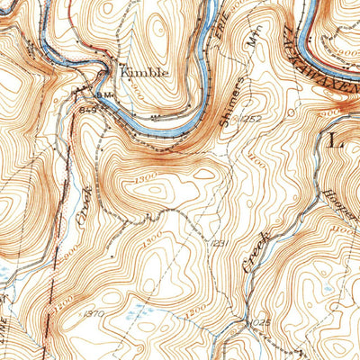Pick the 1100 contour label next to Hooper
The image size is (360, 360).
[x=342, y=231]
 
